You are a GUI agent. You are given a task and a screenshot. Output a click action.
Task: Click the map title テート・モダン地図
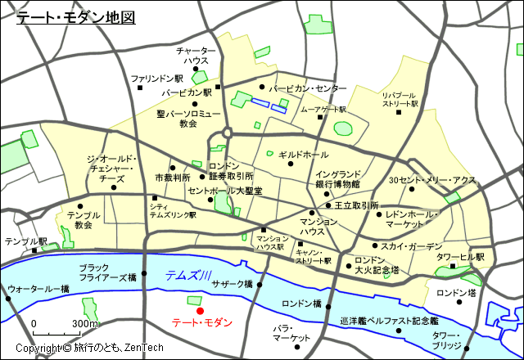pos(76,17)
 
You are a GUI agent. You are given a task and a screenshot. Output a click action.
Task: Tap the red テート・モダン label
pos(202,323)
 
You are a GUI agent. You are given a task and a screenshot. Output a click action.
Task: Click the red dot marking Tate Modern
pos(200,311)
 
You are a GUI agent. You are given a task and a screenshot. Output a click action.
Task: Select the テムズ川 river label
pos(189,277)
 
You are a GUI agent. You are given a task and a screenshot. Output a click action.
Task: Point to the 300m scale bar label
pos(85,324)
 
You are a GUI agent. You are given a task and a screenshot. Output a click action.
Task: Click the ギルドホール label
pos(303,155)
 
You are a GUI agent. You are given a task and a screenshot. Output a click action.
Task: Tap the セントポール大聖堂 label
pos(224,191)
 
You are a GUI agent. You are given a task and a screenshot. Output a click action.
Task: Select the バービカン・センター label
pos(307,88)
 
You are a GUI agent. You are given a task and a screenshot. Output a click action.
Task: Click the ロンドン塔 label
pos(456,292)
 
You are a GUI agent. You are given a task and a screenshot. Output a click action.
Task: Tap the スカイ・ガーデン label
pos(411,245)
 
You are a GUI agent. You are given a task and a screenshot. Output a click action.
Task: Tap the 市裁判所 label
pos(172,177)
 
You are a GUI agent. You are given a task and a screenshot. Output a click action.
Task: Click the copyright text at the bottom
pos(90,349)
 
